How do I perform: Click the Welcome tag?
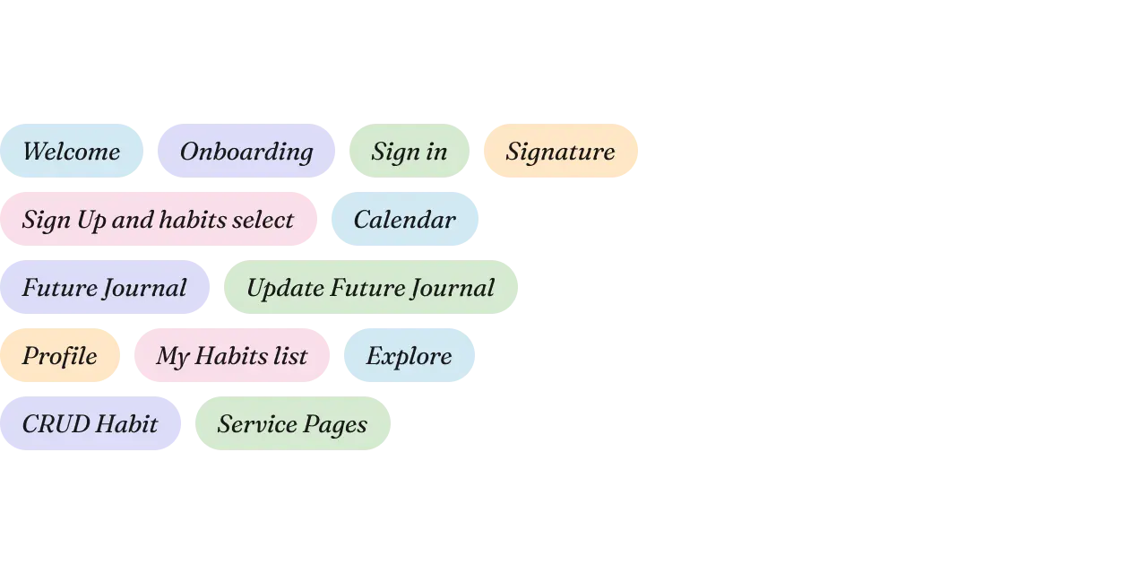tap(72, 151)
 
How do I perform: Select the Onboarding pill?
tap(246, 151)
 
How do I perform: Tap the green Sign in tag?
tap(410, 151)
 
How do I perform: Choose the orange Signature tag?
tap(561, 151)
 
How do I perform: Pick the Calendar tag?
tap(405, 219)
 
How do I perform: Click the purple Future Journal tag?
tap(105, 287)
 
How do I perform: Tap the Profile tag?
tap(60, 355)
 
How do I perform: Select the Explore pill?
tap(410, 355)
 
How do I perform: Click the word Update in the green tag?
tap(285, 288)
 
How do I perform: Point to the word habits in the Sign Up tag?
tap(192, 220)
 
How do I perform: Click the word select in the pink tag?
tap(263, 220)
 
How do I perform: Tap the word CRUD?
tap(56, 424)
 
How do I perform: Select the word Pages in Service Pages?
tap(335, 425)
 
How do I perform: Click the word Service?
tap(257, 424)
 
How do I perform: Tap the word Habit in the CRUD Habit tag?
tap(127, 424)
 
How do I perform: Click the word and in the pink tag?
tap(133, 220)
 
